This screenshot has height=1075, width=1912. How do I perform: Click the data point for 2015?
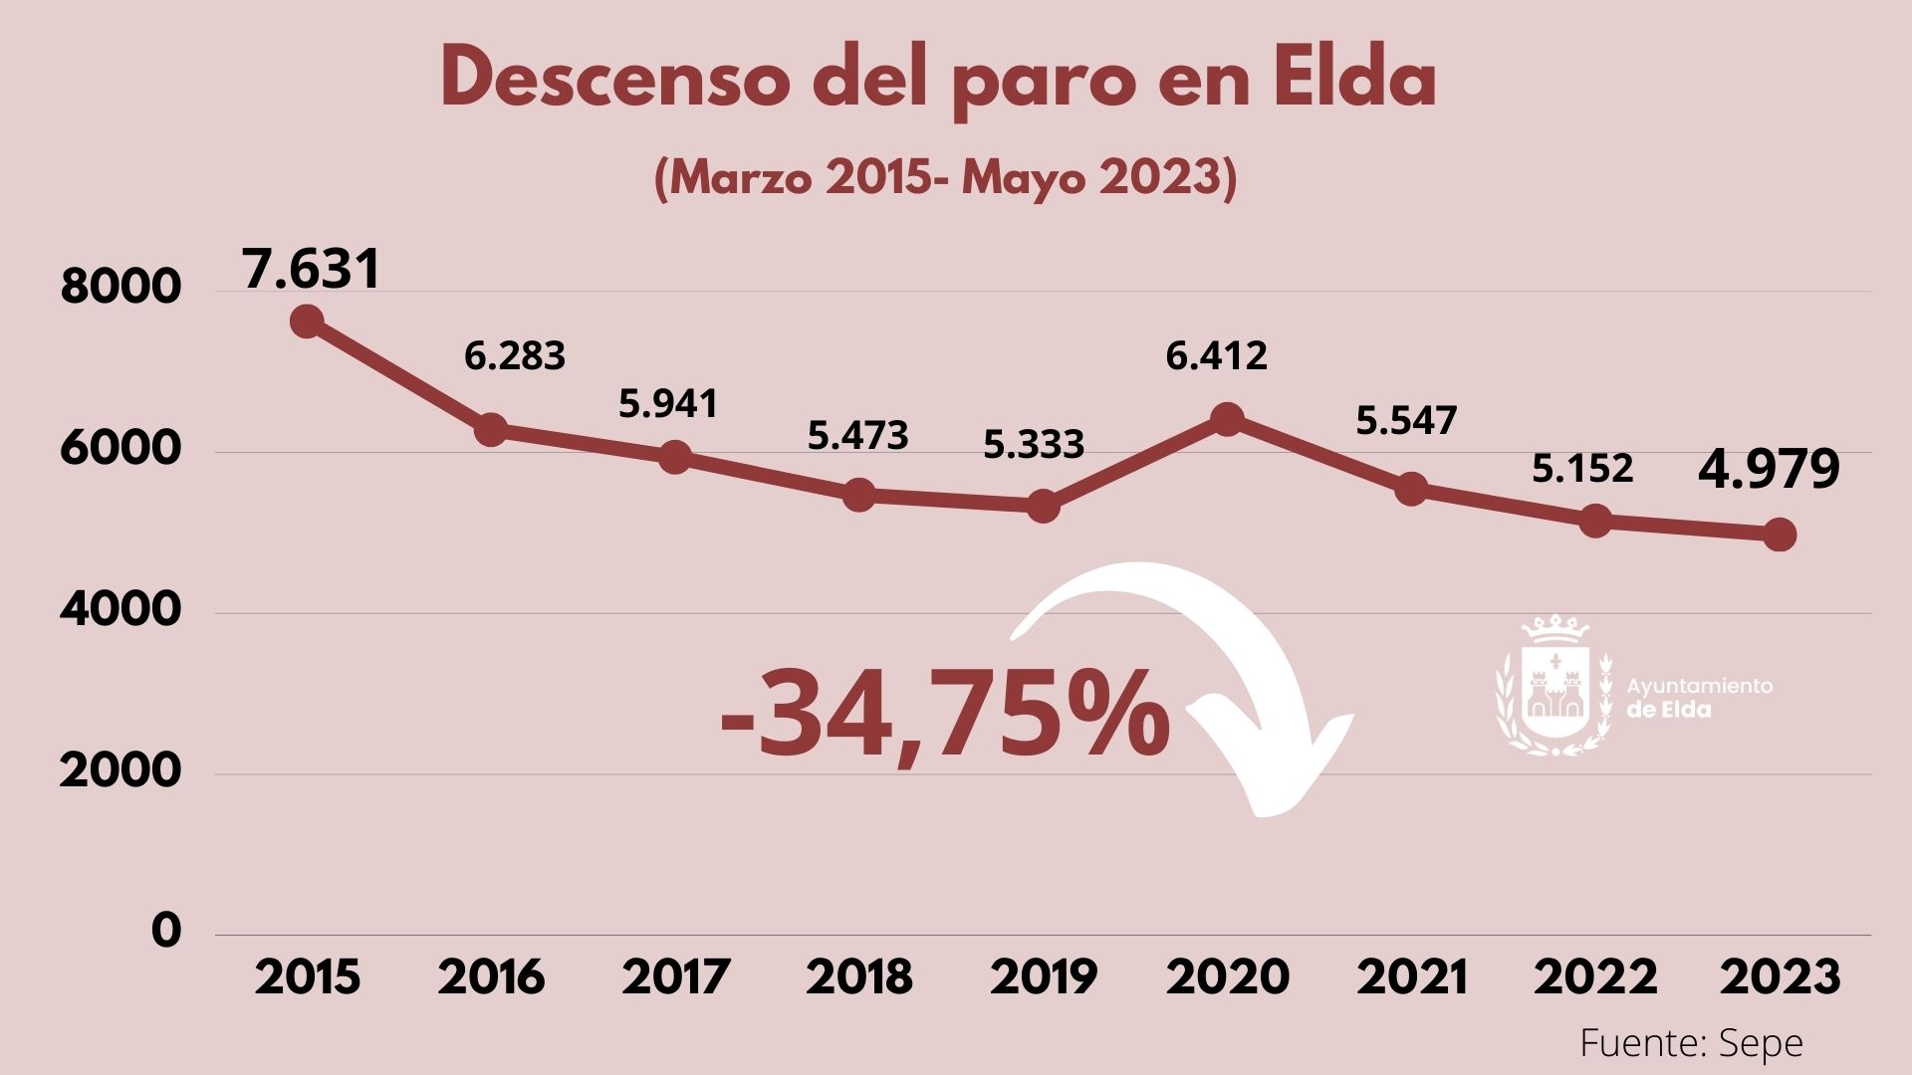click(307, 322)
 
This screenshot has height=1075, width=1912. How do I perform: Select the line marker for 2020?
click(1227, 418)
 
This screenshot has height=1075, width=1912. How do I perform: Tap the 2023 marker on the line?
click(1780, 535)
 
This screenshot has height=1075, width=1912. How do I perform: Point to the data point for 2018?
click(858, 495)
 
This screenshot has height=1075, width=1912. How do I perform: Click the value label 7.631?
click(311, 269)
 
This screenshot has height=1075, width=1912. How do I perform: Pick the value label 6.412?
click(1216, 355)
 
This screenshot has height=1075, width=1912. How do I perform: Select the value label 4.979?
click(1768, 470)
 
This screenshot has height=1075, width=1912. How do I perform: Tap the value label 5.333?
click(1033, 444)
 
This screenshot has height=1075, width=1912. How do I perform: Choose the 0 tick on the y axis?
click(167, 931)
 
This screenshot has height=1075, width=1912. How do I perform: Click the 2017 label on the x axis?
click(676, 977)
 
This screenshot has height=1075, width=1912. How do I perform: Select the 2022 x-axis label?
click(1595, 977)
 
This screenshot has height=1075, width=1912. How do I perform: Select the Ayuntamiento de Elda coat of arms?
click(1553, 687)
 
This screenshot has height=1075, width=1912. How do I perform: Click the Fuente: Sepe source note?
click(1691, 1043)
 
